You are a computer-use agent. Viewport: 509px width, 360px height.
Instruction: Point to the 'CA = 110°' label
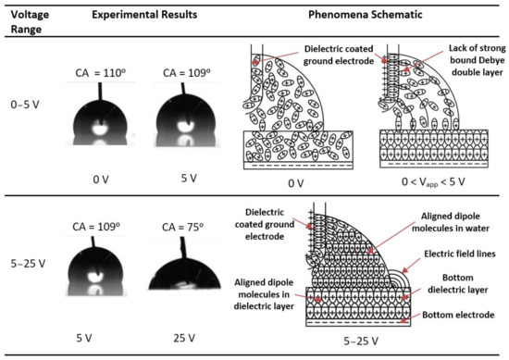coord(100,70)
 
